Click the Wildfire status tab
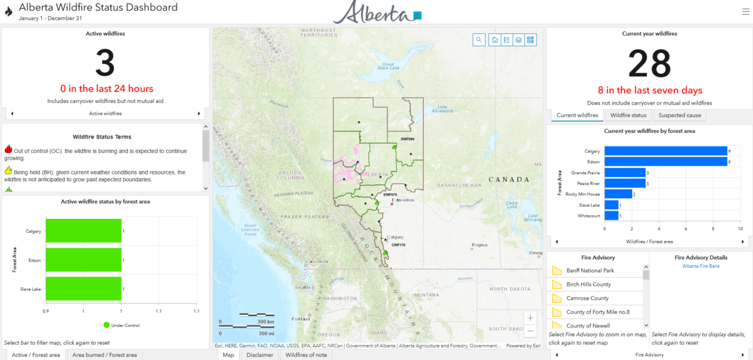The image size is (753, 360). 628,115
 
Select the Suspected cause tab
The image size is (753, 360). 680,115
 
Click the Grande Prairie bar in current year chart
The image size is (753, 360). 625,172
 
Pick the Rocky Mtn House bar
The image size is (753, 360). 618,194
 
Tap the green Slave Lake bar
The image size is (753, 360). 83,289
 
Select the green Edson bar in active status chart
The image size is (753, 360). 83,260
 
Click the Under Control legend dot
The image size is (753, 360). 107,325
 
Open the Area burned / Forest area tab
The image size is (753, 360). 104,355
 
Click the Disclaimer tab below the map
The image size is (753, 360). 259,355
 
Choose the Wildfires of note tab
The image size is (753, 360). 306,355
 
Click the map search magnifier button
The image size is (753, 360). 479,40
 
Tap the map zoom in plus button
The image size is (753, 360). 530,318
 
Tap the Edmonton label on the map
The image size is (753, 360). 403,200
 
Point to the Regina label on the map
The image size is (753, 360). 479,245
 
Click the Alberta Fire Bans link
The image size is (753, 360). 700,267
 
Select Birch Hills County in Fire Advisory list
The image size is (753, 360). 588,284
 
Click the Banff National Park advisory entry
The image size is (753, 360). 590,270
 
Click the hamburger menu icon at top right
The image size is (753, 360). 745,11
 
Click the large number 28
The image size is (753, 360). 649,64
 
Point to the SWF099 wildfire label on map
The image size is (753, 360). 407,138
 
